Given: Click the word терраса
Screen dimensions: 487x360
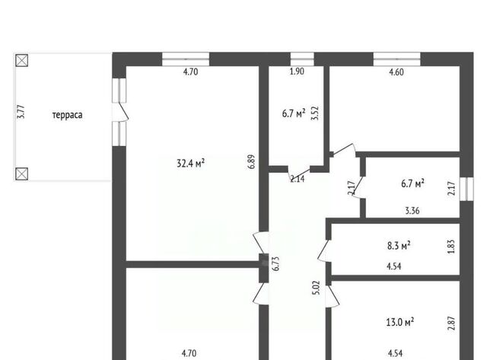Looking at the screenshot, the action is [68, 115].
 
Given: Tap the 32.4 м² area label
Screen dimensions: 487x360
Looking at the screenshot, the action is [190, 163].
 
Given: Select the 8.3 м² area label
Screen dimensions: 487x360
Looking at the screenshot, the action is [399, 246].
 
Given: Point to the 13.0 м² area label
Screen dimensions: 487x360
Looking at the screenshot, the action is [400, 322].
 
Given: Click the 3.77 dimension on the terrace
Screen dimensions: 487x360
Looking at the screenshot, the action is [21, 112].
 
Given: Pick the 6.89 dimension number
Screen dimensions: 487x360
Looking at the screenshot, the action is [251, 162].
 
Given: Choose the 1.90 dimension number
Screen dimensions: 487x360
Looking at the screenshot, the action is [297, 72].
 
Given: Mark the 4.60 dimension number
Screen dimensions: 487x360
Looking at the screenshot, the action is [396, 72].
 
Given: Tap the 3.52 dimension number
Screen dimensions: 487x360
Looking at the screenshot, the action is [314, 113].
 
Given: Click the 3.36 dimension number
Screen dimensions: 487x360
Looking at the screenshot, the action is [412, 211].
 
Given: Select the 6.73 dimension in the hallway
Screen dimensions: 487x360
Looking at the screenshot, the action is [275, 263].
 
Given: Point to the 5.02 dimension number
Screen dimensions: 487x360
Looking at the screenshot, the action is [316, 288].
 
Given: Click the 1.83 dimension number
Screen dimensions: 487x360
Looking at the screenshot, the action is [451, 247].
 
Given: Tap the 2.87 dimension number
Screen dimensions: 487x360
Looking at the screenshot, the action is [451, 323].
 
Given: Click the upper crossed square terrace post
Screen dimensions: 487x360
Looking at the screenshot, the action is [22, 60].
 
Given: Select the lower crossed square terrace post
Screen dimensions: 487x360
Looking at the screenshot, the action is [22, 174].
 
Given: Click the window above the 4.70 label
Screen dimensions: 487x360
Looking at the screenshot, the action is [186, 59].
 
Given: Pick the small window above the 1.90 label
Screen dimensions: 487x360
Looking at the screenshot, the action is [302, 59].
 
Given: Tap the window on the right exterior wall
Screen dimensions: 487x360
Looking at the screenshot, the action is [466, 190].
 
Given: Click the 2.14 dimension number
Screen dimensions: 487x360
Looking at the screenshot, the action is [298, 179].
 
